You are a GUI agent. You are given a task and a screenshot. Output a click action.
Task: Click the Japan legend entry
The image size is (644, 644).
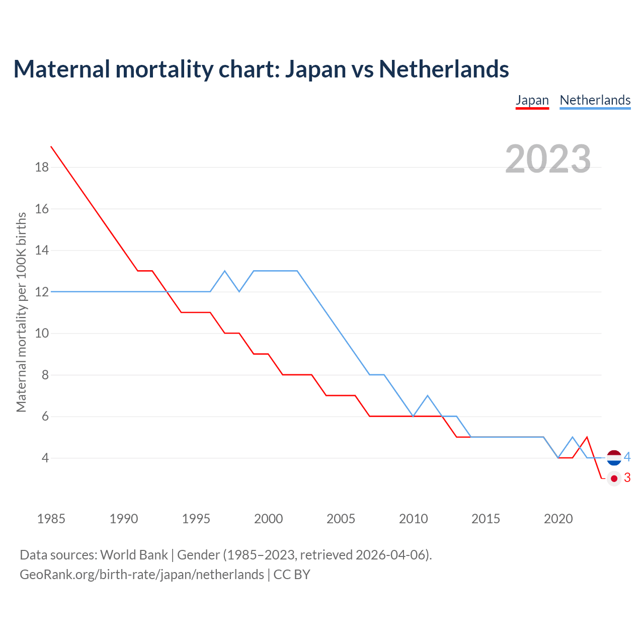point(532,100)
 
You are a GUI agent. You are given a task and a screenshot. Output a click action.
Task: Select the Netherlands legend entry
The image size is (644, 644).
point(595,100)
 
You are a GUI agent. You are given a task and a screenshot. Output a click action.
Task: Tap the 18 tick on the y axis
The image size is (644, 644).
point(42,167)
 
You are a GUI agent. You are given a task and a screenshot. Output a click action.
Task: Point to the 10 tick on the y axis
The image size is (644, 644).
point(42,333)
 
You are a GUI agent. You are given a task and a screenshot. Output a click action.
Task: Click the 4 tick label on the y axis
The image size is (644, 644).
point(45,458)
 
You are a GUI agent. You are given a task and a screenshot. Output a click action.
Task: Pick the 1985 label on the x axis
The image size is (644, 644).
point(51,519)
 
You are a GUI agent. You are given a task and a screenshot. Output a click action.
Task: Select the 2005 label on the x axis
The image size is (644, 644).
point(341,519)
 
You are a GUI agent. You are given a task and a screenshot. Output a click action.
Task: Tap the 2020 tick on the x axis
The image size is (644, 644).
point(558,519)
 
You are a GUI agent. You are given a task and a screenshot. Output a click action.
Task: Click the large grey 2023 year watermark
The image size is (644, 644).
point(548,159)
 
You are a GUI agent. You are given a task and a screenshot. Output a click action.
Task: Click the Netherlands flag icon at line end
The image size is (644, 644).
point(614,457)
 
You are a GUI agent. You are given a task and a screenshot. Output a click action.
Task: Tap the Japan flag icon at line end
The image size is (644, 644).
point(614,478)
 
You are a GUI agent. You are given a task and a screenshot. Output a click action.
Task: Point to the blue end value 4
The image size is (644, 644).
point(627,457)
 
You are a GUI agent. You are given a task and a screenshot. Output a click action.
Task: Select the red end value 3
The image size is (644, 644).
point(627,478)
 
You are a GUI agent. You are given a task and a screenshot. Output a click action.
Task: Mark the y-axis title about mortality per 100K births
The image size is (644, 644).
point(21,312)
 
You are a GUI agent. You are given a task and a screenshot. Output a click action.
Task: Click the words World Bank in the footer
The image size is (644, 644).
point(134,555)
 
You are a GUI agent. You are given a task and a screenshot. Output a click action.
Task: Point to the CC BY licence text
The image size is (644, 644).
point(292,575)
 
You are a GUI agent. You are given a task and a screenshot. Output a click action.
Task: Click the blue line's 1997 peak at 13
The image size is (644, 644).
point(225,271)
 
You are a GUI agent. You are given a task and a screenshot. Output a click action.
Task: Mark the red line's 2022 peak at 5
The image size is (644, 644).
point(587,437)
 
